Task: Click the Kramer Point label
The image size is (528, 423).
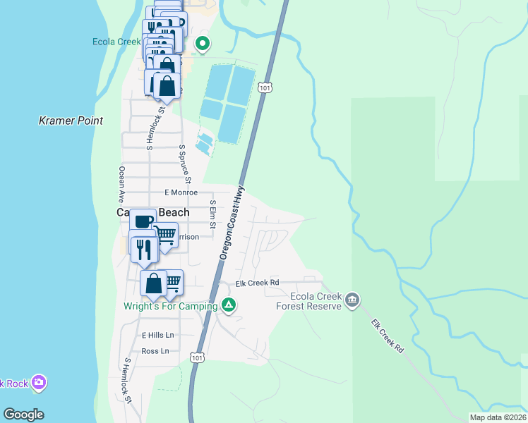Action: point(71,121)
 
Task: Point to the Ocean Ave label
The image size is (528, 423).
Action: point(121,183)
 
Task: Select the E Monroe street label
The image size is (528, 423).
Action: point(179,192)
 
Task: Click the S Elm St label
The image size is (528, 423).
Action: point(212,214)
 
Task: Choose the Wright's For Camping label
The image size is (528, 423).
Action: point(170,307)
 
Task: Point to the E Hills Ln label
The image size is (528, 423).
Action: point(157,335)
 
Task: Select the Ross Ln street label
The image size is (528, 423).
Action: point(155,351)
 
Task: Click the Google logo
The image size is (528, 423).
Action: point(23,415)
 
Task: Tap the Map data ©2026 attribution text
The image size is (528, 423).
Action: point(497,417)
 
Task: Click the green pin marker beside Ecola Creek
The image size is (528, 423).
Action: point(203,44)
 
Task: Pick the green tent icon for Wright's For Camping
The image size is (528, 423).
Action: point(229,305)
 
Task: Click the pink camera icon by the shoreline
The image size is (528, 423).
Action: point(38,383)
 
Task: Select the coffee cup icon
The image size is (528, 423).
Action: point(143,221)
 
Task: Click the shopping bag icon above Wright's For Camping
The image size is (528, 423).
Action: point(154,283)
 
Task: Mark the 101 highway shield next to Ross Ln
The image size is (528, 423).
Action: point(199,357)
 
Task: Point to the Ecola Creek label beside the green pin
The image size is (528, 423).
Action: point(117,42)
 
